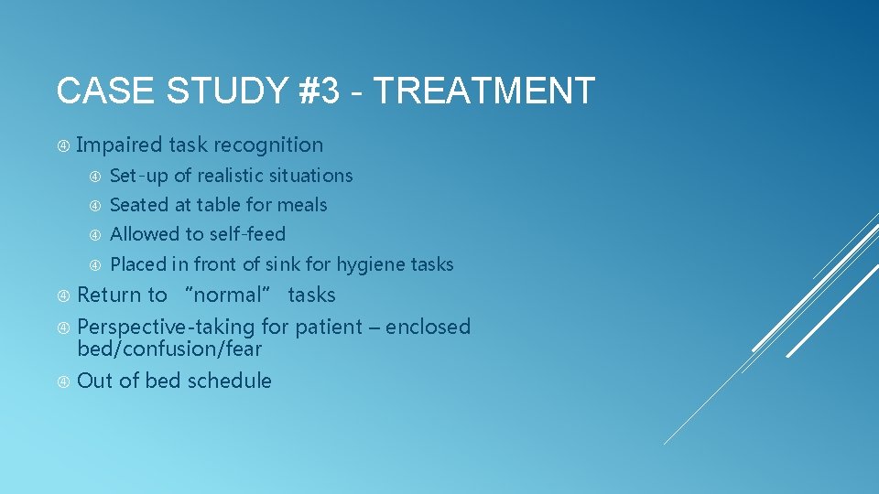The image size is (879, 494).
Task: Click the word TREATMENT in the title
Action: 484,91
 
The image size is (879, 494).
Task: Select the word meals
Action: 301,205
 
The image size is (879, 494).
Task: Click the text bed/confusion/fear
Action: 169,349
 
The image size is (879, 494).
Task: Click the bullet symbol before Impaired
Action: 63,145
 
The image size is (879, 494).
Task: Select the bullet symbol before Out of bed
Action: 63,381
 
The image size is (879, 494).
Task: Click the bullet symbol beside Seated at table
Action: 96,206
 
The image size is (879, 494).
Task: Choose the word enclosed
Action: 428,327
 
